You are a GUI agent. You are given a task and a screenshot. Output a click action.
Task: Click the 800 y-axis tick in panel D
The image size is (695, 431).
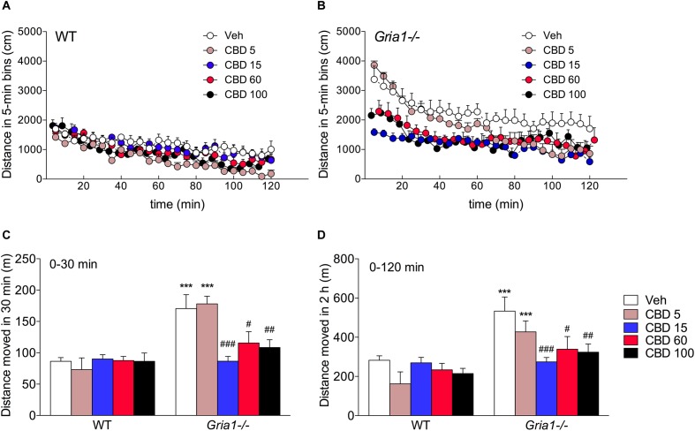356,259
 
